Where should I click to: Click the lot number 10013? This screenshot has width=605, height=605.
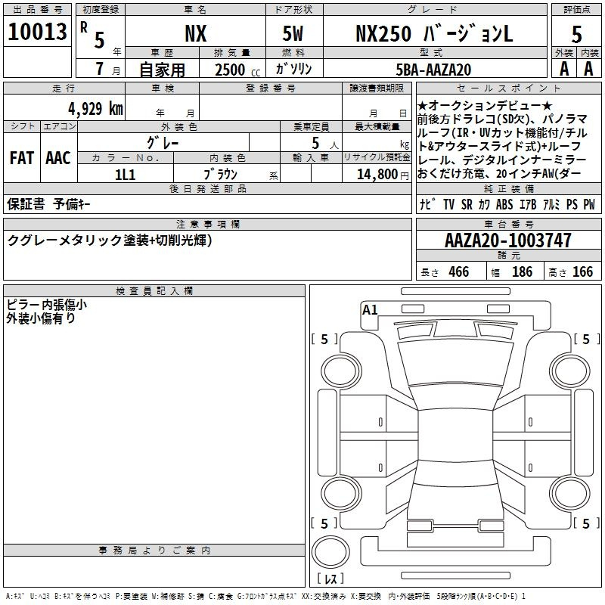click(x=37, y=32)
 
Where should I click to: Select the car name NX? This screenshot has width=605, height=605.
click(x=196, y=33)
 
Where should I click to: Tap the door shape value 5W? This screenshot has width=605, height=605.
click(x=293, y=33)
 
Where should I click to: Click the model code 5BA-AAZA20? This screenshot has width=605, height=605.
click(x=433, y=70)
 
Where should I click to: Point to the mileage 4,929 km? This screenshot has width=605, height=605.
click(x=96, y=109)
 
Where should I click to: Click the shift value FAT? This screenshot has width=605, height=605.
click(x=22, y=158)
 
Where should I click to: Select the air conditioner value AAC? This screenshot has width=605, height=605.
click(x=58, y=158)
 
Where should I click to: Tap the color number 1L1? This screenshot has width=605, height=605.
click(x=125, y=175)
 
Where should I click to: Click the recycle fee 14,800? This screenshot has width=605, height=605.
click(x=377, y=175)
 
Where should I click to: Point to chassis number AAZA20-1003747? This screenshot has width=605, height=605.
click(x=508, y=240)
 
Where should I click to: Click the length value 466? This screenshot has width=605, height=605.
click(x=459, y=272)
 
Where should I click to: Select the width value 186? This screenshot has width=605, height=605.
click(x=522, y=272)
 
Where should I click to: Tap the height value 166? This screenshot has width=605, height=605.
click(x=582, y=272)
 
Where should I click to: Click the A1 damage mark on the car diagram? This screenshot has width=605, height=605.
click(x=370, y=310)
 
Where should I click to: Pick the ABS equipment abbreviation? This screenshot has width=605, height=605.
click(x=504, y=204)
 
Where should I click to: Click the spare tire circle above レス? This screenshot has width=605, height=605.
click(x=330, y=552)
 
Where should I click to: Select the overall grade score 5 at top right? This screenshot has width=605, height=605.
click(x=576, y=34)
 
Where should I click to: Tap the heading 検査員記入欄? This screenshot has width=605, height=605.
click(x=154, y=291)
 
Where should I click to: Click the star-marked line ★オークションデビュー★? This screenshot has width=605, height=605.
click(x=485, y=105)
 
